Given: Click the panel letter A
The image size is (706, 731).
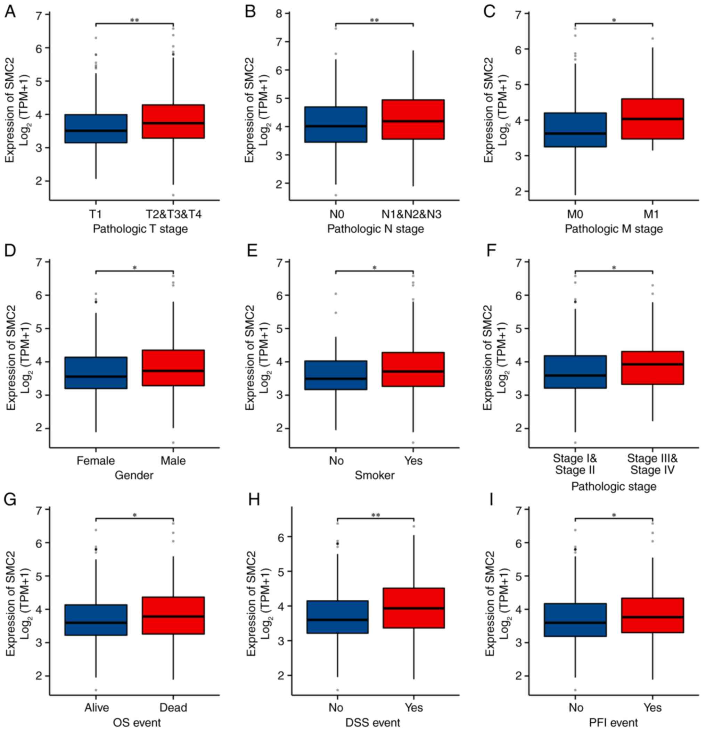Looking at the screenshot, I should pos(10,12).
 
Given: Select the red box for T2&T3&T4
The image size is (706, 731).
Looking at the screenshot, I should pos(173,121).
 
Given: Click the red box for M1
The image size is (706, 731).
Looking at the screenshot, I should pos(652,118).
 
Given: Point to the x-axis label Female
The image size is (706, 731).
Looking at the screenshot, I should pos(96,461).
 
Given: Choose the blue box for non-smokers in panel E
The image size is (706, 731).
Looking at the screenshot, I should pos(336,375).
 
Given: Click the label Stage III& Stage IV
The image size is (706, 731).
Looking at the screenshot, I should pos(652,463).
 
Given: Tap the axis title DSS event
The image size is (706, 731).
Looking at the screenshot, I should pos(373,722).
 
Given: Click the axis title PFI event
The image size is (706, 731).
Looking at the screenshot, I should pos(614,722).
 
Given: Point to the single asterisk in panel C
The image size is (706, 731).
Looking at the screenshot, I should pos(614,20).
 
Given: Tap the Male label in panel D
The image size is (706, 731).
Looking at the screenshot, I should pos(173,461).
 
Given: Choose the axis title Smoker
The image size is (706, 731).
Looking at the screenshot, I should pos(375,475).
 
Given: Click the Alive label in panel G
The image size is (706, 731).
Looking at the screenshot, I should pos(97,707).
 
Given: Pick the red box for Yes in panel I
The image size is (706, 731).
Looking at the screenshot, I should pos(652,615).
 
